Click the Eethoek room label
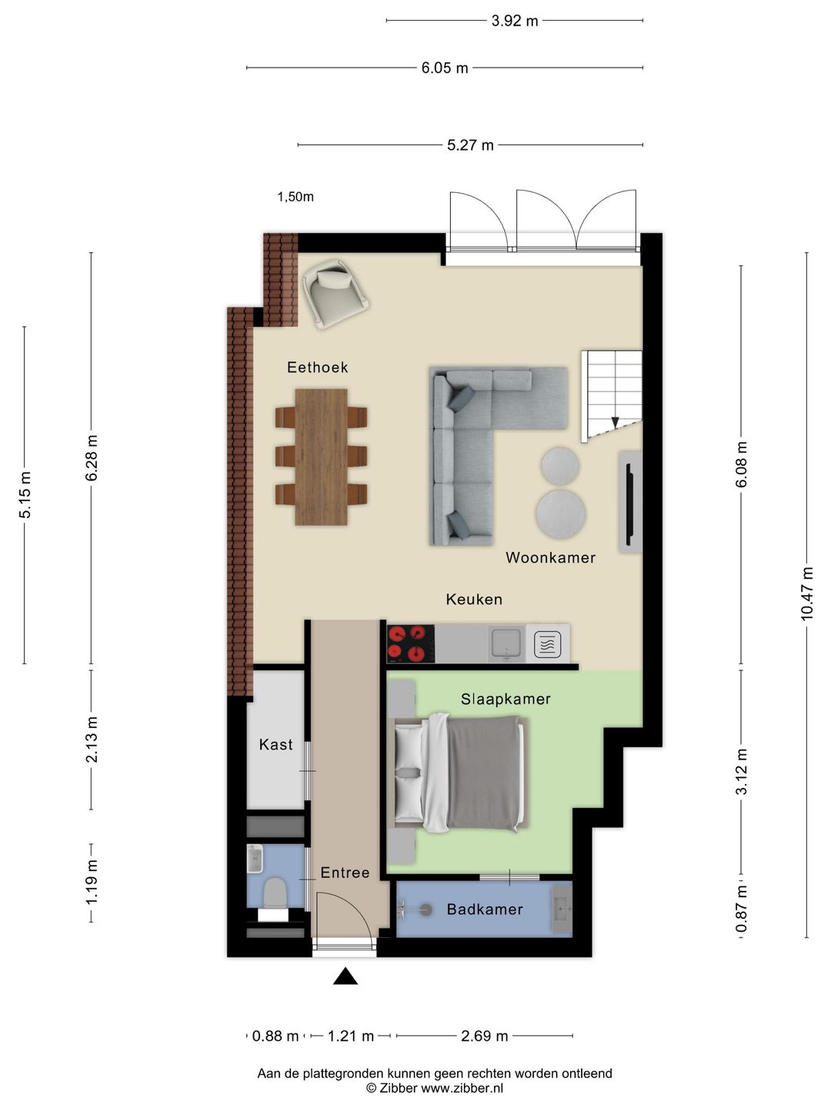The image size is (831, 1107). (x=317, y=367)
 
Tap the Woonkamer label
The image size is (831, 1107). (x=550, y=557)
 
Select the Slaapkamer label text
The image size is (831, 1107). (x=506, y=699)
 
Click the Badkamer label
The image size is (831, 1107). (x=485, y=909)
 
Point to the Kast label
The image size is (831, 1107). (x=275, y=744)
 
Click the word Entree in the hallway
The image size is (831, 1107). (x=345, y=873)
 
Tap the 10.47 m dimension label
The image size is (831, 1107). (x=806, y=593)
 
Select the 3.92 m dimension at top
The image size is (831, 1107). (x=515, y=21)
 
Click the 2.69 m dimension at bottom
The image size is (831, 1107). (x=485, y=1036)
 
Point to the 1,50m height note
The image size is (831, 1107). (x=295, y=197)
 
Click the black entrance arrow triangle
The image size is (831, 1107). (x=345, y=976)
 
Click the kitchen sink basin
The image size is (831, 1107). (x=506, y=643)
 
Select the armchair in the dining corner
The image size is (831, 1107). (x=335, y=292)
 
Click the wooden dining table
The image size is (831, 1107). (x=321, y=457)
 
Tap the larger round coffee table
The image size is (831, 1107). (x=561, y=513)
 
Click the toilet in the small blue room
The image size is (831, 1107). (x=275, y=894)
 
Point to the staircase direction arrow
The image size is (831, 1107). (x=615, y=422)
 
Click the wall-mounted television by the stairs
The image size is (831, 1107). (x=629, y=500)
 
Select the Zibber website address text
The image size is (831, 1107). (x=462, y=1088)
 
